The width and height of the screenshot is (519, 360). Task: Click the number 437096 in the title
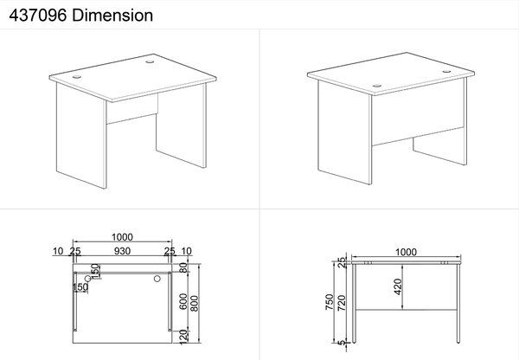click(38, 16)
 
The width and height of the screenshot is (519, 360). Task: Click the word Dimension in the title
click(112, 16)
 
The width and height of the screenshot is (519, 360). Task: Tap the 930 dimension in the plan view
click(122, 251)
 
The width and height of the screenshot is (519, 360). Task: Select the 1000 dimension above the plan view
click(122, 237)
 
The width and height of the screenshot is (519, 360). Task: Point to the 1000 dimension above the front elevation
click(406, 253)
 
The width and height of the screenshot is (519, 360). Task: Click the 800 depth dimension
click(195, 303)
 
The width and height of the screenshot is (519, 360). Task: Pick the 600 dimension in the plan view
click(183, 301)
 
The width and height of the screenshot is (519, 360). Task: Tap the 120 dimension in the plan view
click(183, 337)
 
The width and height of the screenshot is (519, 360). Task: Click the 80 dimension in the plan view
click(183, 267)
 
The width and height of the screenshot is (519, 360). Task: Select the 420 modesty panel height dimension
click(398, 286)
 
